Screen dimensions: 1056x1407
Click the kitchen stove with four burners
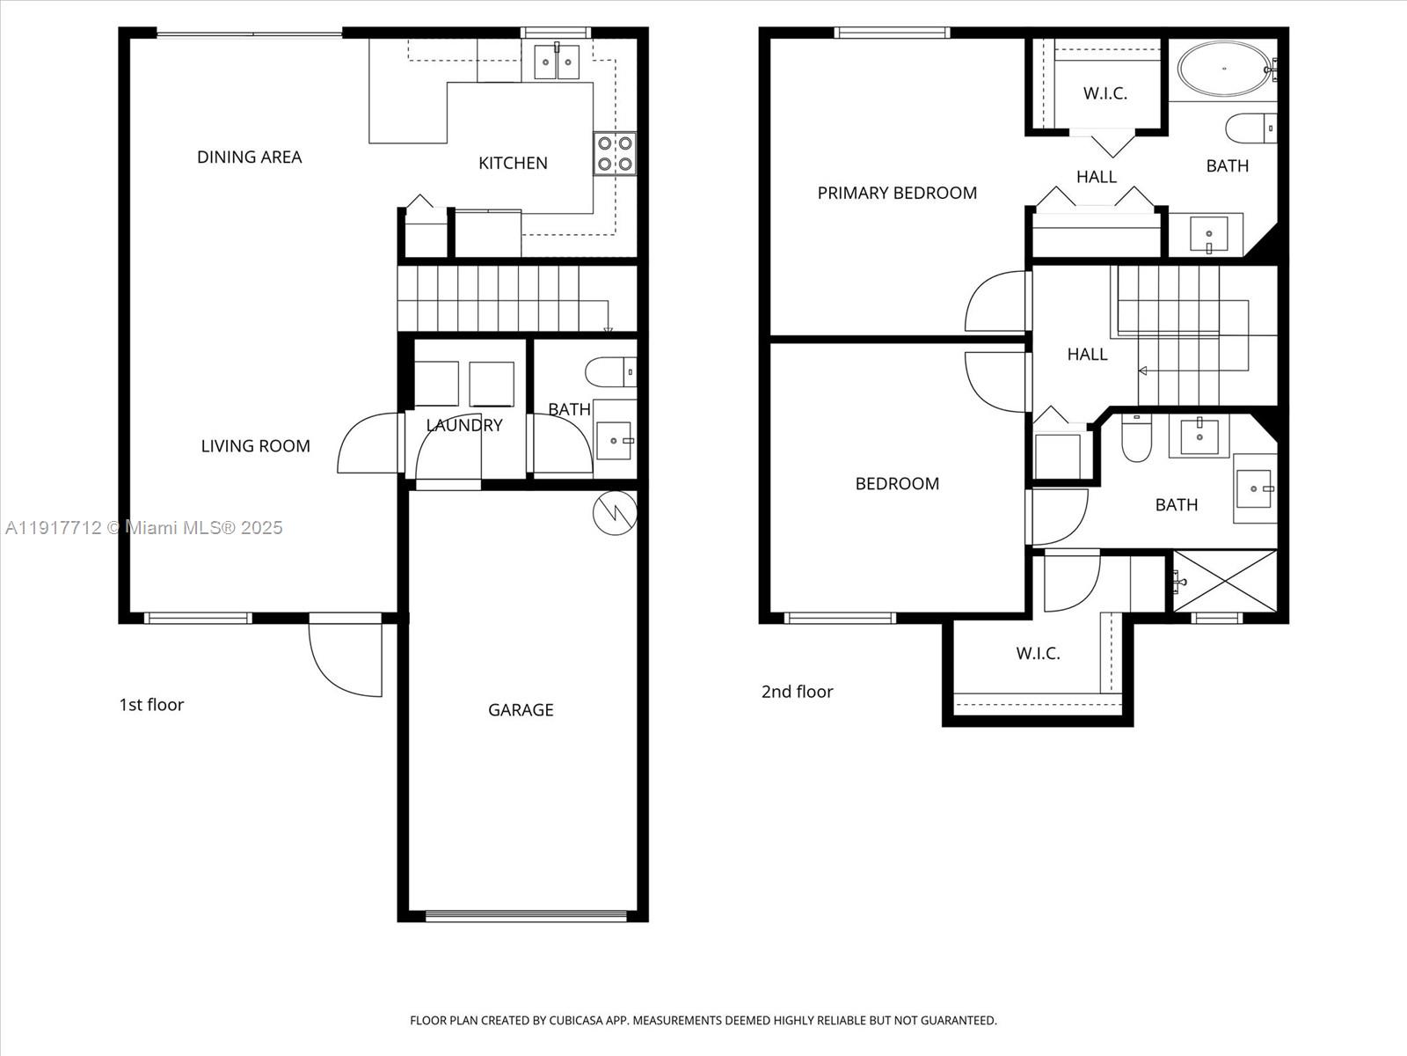tap(614, 154)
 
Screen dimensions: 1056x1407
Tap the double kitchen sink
tap(557, 62)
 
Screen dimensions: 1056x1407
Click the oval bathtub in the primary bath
tap(1224, 69)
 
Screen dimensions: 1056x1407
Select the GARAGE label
tap(521, 710)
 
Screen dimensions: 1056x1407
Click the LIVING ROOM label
tap(255, 446)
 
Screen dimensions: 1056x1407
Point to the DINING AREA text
tap(249, 158)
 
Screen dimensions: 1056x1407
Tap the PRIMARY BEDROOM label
tap(897, 193)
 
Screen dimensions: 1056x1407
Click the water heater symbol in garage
tap(615, 512)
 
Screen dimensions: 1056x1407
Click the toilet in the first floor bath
tap(609, 371)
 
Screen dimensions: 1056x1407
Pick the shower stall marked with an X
tap(1225, 581)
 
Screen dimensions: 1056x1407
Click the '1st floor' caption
tap(151, 705)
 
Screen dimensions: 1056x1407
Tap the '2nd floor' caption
tap(797, 692)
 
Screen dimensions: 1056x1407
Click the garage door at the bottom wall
tap(526, 916)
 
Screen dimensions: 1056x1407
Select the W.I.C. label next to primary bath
tap(1104, 93)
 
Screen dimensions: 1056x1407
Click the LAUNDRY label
tap(464, 425)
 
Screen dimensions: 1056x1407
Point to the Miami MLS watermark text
tap(143, 528)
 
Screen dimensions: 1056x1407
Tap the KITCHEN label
tap(513, 163)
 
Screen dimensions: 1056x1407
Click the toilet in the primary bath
tap(1250, 128)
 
